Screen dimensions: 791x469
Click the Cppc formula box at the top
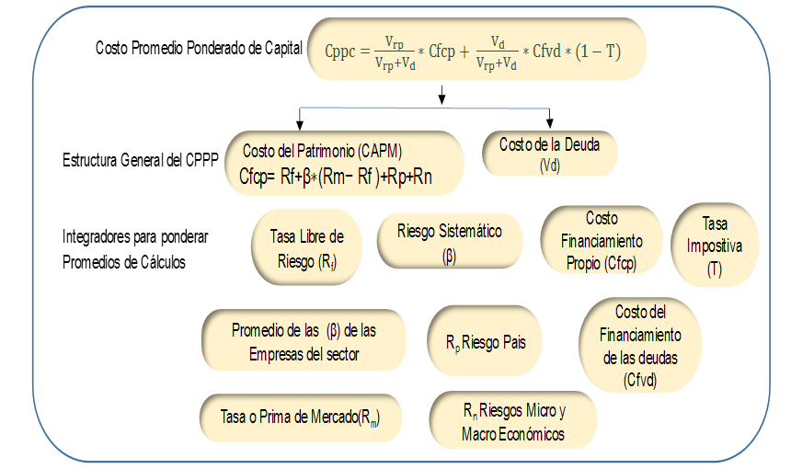point(476,50)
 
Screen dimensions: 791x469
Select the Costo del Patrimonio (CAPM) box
point(344,164)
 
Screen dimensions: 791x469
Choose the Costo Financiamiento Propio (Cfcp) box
point(601,242)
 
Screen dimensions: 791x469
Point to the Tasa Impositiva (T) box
point(715,246)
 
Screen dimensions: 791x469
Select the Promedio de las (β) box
point(304,341)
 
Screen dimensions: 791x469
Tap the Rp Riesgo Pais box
point(486,342)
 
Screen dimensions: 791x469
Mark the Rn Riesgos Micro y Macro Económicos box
point(513,421)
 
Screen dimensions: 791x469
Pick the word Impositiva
point(714,246)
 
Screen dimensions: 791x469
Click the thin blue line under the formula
point(423,108)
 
